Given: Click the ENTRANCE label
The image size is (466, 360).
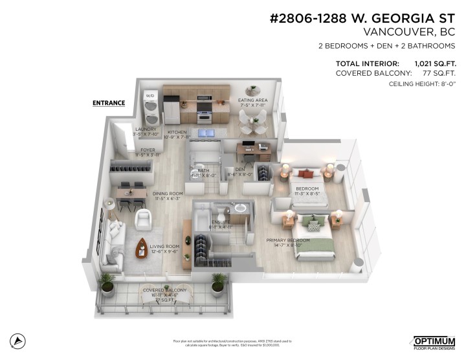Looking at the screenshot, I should (109, 103).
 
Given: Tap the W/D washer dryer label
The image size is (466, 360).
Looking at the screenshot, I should (150, 96).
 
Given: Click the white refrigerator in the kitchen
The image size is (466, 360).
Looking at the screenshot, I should (172, 110).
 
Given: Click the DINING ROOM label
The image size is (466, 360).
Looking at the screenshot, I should (168, 194).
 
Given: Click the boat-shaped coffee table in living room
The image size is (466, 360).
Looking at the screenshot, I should (143, 247).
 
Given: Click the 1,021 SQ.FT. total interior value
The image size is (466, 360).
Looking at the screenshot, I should (435, 63).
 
